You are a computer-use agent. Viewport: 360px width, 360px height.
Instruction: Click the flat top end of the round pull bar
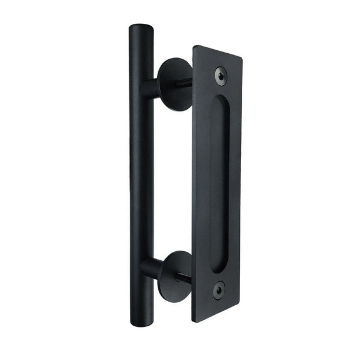(x=140, y=27)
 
